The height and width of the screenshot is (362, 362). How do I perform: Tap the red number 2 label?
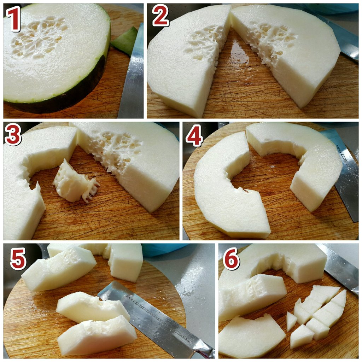pyautogui.click(x=161, y=16)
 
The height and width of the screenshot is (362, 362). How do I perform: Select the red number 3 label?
pyautogui.click(x=13, y=134)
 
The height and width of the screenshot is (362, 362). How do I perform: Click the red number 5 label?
pyautogui.click(x=18, y=258)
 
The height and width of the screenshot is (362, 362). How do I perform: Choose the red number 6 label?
pyautogui.click(x=231, y=258)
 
